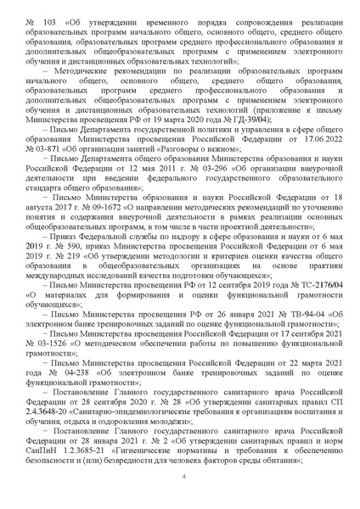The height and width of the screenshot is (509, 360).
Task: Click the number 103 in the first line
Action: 53,18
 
